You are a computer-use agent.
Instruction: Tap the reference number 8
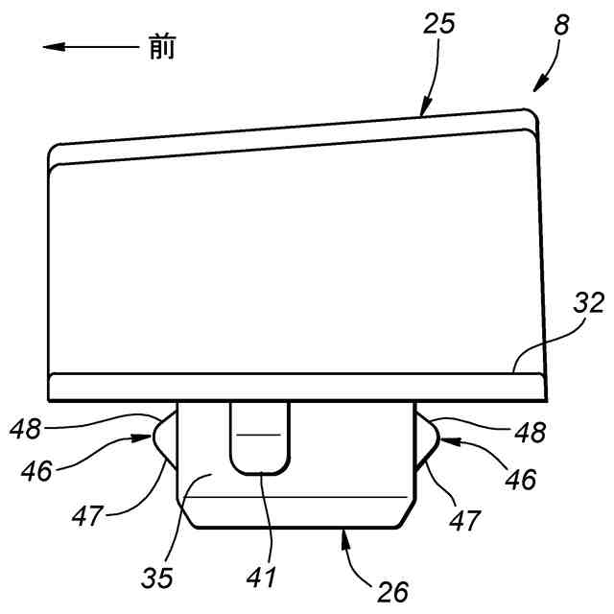[x=561, y=26]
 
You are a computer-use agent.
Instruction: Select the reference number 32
[x=590, y=305]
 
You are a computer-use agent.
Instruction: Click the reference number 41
[x=262, y=578]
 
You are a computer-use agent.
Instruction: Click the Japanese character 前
[x=162, y=46]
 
